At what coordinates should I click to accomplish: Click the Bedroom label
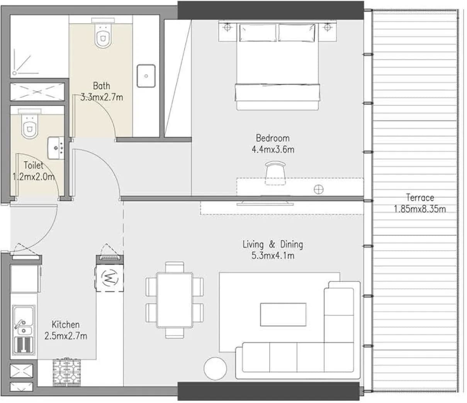[273, 138]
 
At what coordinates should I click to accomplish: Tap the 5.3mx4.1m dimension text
[273, 256]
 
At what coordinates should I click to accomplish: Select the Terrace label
[420, 197]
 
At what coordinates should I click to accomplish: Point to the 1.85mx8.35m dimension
[420, 209]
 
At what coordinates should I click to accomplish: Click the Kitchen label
[66, 325]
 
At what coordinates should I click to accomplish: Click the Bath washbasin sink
[146, 76]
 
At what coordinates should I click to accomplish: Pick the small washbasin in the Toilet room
[56, 148]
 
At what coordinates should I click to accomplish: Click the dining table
[175, 300]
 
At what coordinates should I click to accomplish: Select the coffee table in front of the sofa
[283, 315]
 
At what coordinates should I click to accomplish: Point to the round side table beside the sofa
[215, 369]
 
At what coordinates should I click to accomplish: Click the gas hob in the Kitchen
[67, 372]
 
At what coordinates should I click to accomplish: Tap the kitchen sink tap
[20, 324]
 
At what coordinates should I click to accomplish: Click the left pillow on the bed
[258, 33]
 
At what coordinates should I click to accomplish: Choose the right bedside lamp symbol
[327, 27]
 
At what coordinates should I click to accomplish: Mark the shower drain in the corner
[14, 73]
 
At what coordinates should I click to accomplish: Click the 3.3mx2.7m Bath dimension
[102, 97]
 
